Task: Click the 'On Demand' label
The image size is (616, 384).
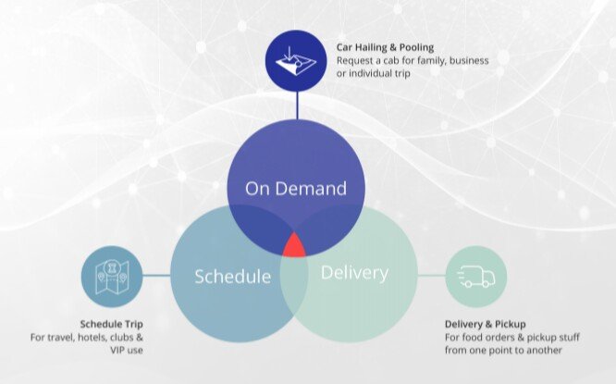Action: coord(296,188)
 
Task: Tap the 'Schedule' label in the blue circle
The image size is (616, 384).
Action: coord(232,277)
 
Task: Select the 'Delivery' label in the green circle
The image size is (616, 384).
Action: coord(354,273)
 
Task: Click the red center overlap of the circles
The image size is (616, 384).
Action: coord(294,246)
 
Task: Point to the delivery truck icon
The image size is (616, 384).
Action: coord(476,277)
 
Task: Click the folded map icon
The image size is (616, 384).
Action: coord(112,277)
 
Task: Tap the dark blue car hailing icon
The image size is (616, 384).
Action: coord(295,61)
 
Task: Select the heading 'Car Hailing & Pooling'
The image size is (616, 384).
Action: coord(385,47)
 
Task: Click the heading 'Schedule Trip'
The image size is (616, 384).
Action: coord(112,324)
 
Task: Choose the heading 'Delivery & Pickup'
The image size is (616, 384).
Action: coord(486,324)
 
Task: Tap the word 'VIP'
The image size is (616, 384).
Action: coord(117,350)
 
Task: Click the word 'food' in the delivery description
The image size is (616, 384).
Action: coord(472,337)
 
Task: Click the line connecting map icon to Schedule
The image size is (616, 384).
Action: coord(156,276)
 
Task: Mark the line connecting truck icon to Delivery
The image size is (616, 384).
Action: coord(431,276)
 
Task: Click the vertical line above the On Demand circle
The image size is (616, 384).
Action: coord(297,105)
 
